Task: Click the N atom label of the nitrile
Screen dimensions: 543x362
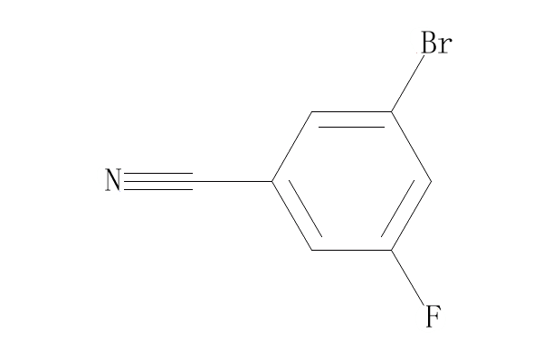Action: pos(113,180)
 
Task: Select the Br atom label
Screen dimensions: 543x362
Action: pos(436,43)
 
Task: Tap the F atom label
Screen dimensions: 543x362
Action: pos(433,316)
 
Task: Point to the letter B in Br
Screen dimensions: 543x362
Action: pos(429,43)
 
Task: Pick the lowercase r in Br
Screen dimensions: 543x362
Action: pos(445,45)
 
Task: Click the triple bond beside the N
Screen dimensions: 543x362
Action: pos(158,181)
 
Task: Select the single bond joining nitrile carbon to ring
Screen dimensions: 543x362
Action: pos(233,181)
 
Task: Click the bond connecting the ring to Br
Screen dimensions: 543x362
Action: pos(407,83)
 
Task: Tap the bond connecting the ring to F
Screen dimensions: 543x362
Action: pos(407,278)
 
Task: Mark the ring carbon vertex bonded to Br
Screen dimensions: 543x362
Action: pos(391,112)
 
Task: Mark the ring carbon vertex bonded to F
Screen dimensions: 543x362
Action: pos(391,250)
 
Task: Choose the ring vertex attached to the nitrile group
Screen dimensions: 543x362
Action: pos(272,181)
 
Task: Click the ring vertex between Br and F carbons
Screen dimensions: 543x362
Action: pos(431,181)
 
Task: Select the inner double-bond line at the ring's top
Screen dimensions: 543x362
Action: pos(351,127)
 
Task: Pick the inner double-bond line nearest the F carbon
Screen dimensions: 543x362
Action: pos(397,208)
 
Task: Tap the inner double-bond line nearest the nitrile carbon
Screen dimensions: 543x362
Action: pos(306,208)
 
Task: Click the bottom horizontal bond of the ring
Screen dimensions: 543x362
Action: pos(351,250)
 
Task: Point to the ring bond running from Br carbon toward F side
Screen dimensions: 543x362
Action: pos(411,147)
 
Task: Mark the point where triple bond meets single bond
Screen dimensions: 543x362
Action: pos(193,181)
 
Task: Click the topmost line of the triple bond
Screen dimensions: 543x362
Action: pos(158,173)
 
